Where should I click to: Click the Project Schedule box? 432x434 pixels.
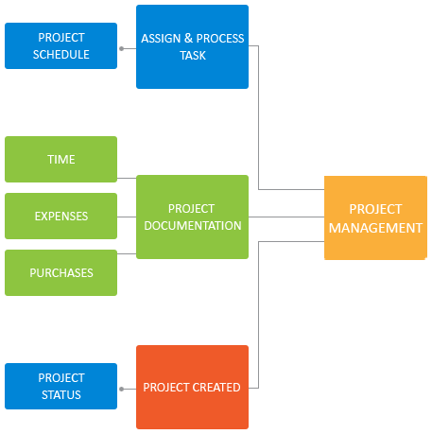point(60,45)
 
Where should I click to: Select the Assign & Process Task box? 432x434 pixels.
point(192,46)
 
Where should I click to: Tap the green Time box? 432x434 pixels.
point(60,159)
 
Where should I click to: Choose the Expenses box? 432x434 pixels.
point(60,216)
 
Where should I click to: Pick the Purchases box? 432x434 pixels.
point(60,272)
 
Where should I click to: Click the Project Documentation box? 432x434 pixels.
point(192,217)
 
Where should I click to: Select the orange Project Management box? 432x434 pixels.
point(375,217)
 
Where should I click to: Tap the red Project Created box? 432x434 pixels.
point(192,387)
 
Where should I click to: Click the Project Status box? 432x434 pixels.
point(60,386)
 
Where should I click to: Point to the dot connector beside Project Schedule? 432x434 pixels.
point(122,48)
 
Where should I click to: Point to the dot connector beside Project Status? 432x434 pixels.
point(122,389)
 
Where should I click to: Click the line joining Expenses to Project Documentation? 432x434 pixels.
point(127,217)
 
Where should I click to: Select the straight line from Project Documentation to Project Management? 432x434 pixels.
point(286,217)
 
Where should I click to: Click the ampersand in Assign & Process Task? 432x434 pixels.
point(188,38)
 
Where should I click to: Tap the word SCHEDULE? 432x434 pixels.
point(61,55)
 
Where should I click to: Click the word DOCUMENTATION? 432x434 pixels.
point(193,226)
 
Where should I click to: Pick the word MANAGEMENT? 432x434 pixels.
point(375,228)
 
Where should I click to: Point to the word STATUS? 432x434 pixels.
point(61,395)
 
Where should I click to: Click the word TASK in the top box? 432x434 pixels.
point(193,56)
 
